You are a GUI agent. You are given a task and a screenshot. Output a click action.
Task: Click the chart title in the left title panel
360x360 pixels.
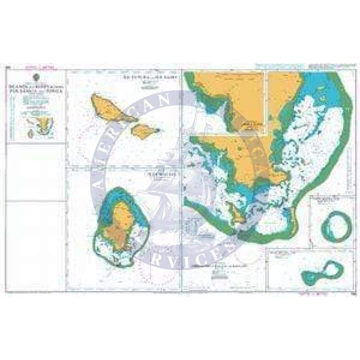(x=37, y=88)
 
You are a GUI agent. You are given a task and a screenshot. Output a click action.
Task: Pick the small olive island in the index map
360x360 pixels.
(x=31, y=133)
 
